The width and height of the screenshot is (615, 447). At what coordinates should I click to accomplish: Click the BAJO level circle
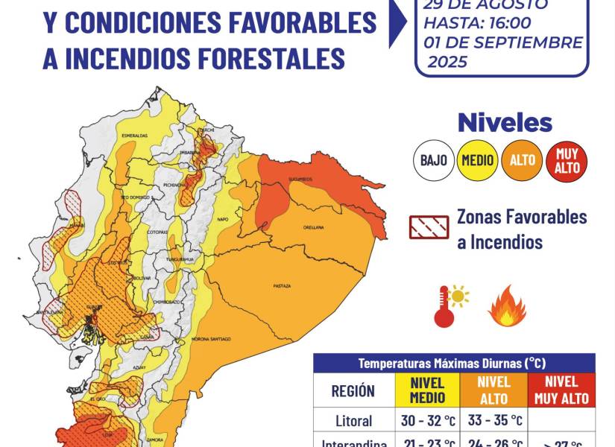click(x=433, y=159)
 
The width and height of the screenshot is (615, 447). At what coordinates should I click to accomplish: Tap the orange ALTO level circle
click(x=523, y=159)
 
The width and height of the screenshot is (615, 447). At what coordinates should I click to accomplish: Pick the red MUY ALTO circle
click(x=567, y=159)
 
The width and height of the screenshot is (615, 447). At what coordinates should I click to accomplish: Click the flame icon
click(x=507, y=306)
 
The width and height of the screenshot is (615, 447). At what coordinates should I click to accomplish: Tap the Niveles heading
click(x=505, y=122)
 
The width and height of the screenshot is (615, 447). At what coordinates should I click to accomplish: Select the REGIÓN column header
click(x=354, y=390)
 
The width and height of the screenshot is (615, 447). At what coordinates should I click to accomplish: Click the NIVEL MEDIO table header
click(x=427, y=390)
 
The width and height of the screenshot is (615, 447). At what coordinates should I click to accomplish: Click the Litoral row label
click(x=354, y=420)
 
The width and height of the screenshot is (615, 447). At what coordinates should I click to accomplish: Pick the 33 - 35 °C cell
click(x=493, y=420)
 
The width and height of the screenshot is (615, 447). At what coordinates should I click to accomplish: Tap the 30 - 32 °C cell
click(x=427, y=420)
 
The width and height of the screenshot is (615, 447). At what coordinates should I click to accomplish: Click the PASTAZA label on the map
click(x=281, y=286)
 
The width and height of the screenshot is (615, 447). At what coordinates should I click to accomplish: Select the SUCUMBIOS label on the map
click(x=303, y=178)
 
